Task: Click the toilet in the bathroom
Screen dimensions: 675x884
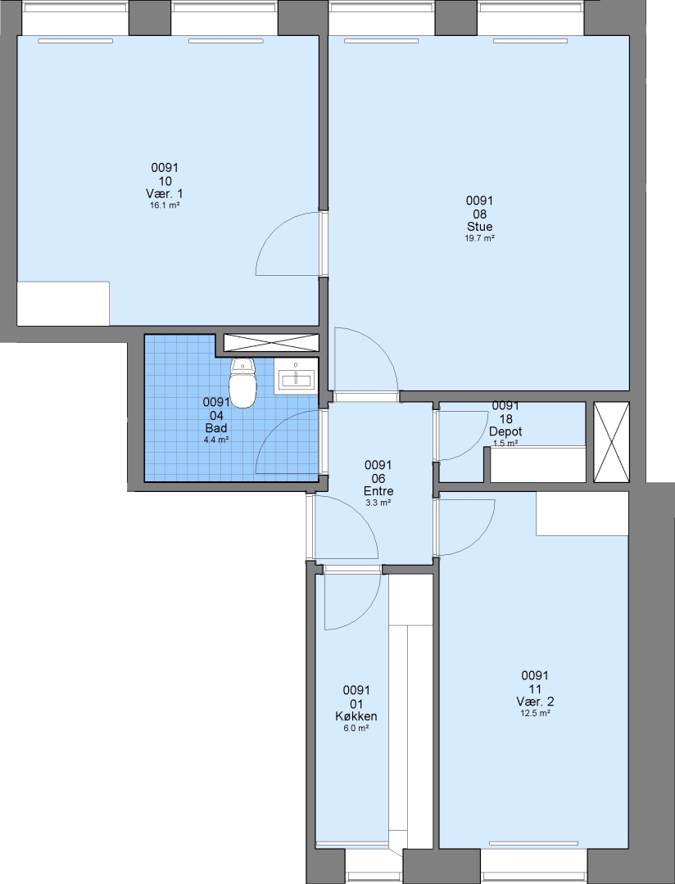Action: click(x=243, y=383)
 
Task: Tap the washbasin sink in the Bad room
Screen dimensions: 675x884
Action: click(x=295, y=377)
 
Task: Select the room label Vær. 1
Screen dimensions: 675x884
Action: click(x=164, y=194)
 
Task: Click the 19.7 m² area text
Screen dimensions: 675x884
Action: click(x=480, y=238)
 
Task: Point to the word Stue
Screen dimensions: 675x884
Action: click(x=480, y=227)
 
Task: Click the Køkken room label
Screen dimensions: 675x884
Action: click(x=356, y=716)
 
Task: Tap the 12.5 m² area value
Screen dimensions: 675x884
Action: click(x=535, y=713)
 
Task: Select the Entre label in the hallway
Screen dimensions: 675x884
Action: click(x=378, y=491)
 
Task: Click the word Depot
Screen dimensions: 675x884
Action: click(x=505, y=431)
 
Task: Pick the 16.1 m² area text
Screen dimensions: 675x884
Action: click(x=164, y=205)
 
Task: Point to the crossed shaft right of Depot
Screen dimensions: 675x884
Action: click(x=611, y=442)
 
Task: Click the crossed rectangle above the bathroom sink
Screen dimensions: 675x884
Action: click(x=271, y=343)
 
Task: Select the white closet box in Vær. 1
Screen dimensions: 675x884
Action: click(x=63, y=304)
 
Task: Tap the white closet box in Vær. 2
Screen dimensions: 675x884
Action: click(x=582, y=513)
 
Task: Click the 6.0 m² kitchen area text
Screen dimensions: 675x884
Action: click(x=356, y=728)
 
